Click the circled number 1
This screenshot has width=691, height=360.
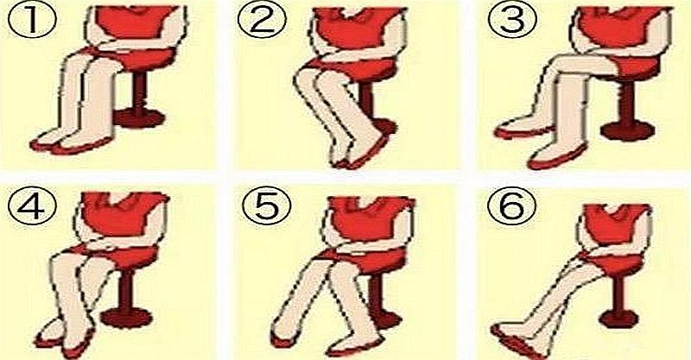32,21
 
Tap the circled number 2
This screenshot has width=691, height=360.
262,21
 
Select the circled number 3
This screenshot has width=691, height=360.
511,20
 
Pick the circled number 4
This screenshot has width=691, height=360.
32,207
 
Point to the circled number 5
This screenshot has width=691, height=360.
266,207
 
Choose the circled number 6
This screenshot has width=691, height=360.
511,207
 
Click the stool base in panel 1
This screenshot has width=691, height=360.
140,118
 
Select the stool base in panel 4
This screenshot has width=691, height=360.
126,317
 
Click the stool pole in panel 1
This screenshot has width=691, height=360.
139,92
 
